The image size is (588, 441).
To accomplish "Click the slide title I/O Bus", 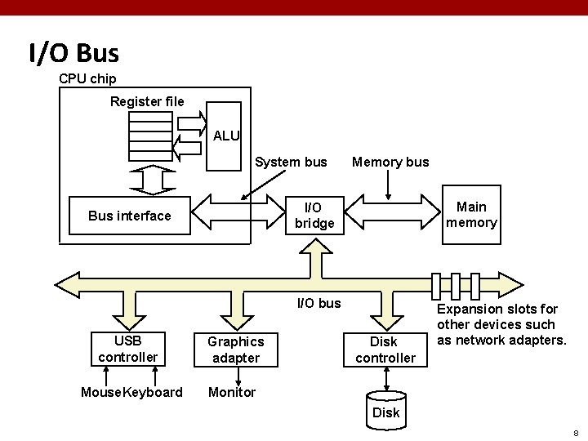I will [x=73, y=54].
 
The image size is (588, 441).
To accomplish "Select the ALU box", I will [x=225, y=136].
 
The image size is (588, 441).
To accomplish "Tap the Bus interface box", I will [x=129, y=216].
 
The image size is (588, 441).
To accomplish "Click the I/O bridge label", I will [x=314, y=215].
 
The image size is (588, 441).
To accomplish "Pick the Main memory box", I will [x=471, y=215].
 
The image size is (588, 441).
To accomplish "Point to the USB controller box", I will [x=127, y=350].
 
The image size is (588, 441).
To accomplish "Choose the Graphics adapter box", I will [x=235, y=350].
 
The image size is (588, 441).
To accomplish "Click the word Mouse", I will [x=100, y=392].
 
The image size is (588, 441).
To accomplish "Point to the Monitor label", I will [x=232, y=392].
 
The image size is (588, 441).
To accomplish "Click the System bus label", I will [x=291, y=162].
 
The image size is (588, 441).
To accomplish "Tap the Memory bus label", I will [x=390, y=162].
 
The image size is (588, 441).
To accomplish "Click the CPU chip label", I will [x=87, y=79].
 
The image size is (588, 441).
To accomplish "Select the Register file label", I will [x=147, y=102].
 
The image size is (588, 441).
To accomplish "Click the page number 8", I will [x=575, y=432].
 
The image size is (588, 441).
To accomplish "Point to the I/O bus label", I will [x=319, y=304].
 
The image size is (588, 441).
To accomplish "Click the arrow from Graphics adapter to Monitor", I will [x=238, y=376].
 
